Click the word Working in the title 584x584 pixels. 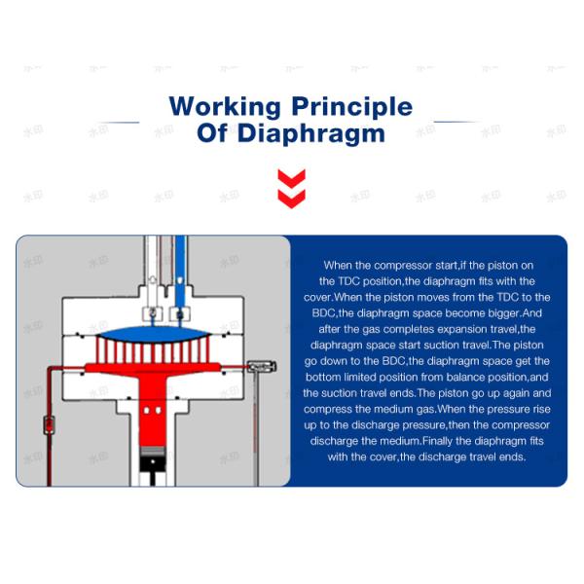(x=225, y=106)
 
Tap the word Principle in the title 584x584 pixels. (x=352, y=107)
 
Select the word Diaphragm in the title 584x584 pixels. (x=311, y=133)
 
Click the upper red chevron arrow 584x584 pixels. (x=292, y=178)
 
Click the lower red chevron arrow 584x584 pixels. (x=292, y=199)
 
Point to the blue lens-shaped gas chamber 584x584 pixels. (x=153, y=334)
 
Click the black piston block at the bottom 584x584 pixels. (x=153, y=464)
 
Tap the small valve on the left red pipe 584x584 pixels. (x=49, y=425)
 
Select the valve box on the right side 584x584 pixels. (x=262, y=367)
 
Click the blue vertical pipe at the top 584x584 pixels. (x=180, y=272)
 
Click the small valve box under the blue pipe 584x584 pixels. (x=179, y=314)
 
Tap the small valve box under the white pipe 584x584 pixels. (x=153, y=314)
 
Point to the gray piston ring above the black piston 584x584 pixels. (x=153, y=452)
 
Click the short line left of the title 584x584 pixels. (x=119, y=123)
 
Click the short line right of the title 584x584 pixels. (x=457, y=122)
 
